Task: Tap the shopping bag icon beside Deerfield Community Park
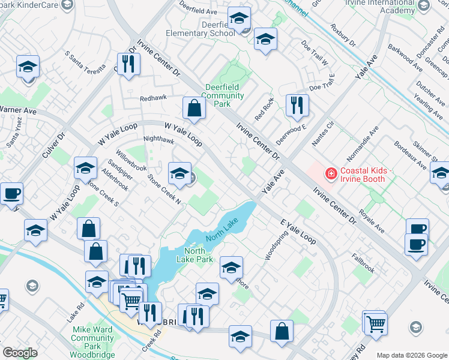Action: (x=194, y=109)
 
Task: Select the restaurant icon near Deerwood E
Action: (x=297, y=106)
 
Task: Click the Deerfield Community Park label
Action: (x=224, y=95)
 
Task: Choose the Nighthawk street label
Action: (x=158, y=140)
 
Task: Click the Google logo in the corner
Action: (x=20, y=352)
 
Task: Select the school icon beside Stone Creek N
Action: (x=179, y=174)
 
